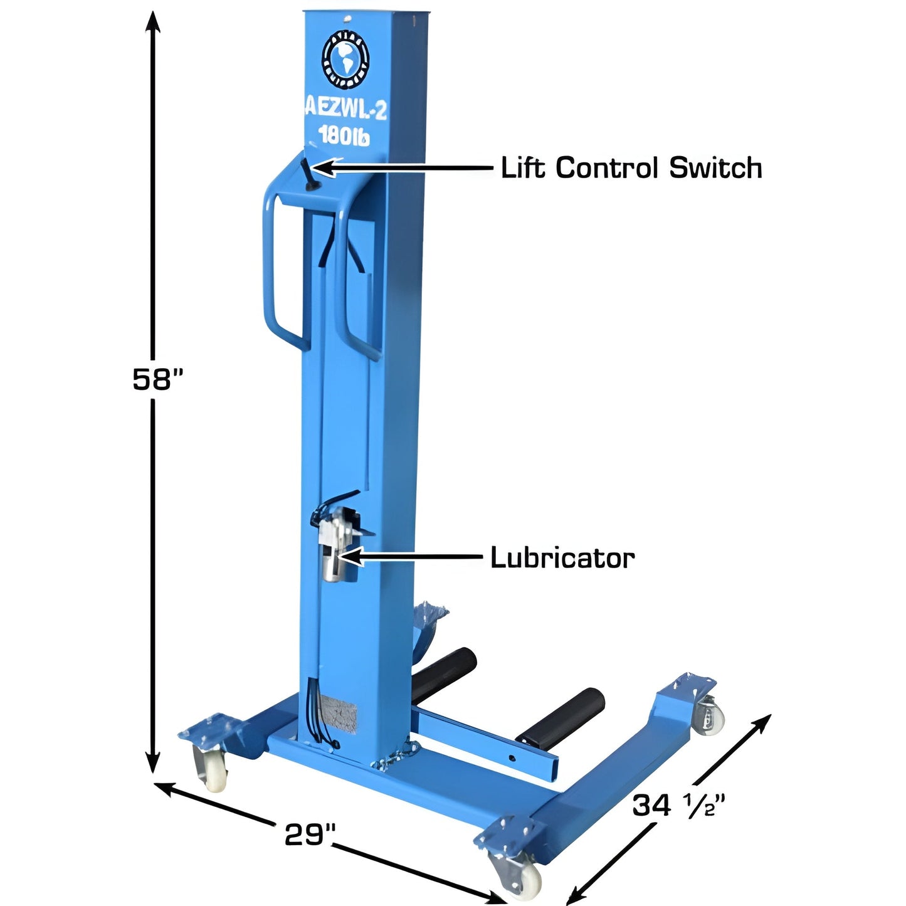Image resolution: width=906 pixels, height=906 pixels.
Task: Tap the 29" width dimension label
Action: [x=310, y=834]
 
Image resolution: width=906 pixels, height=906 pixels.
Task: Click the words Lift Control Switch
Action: [x=631, y=168]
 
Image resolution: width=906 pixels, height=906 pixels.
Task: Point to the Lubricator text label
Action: [x=562, y=557]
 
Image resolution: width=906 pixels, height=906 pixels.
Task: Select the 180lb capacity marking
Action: [x=344, y=135]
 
